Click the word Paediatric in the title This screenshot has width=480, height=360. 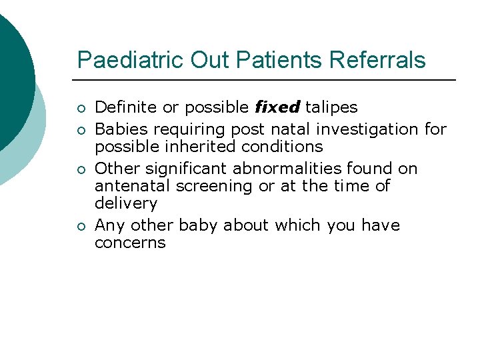pyautogui.click(x=131, y=60)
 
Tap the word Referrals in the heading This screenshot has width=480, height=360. pyautogui.click(x=378, y=60)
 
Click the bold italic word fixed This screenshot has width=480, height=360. pyautogui.click(x=278, y=107)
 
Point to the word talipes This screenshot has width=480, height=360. pyautogui.click(x=331, y=107)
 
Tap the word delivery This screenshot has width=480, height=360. pyautogui.click(x=126, y=203)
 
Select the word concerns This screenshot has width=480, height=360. pyautogui.click(x=130, y=243)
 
